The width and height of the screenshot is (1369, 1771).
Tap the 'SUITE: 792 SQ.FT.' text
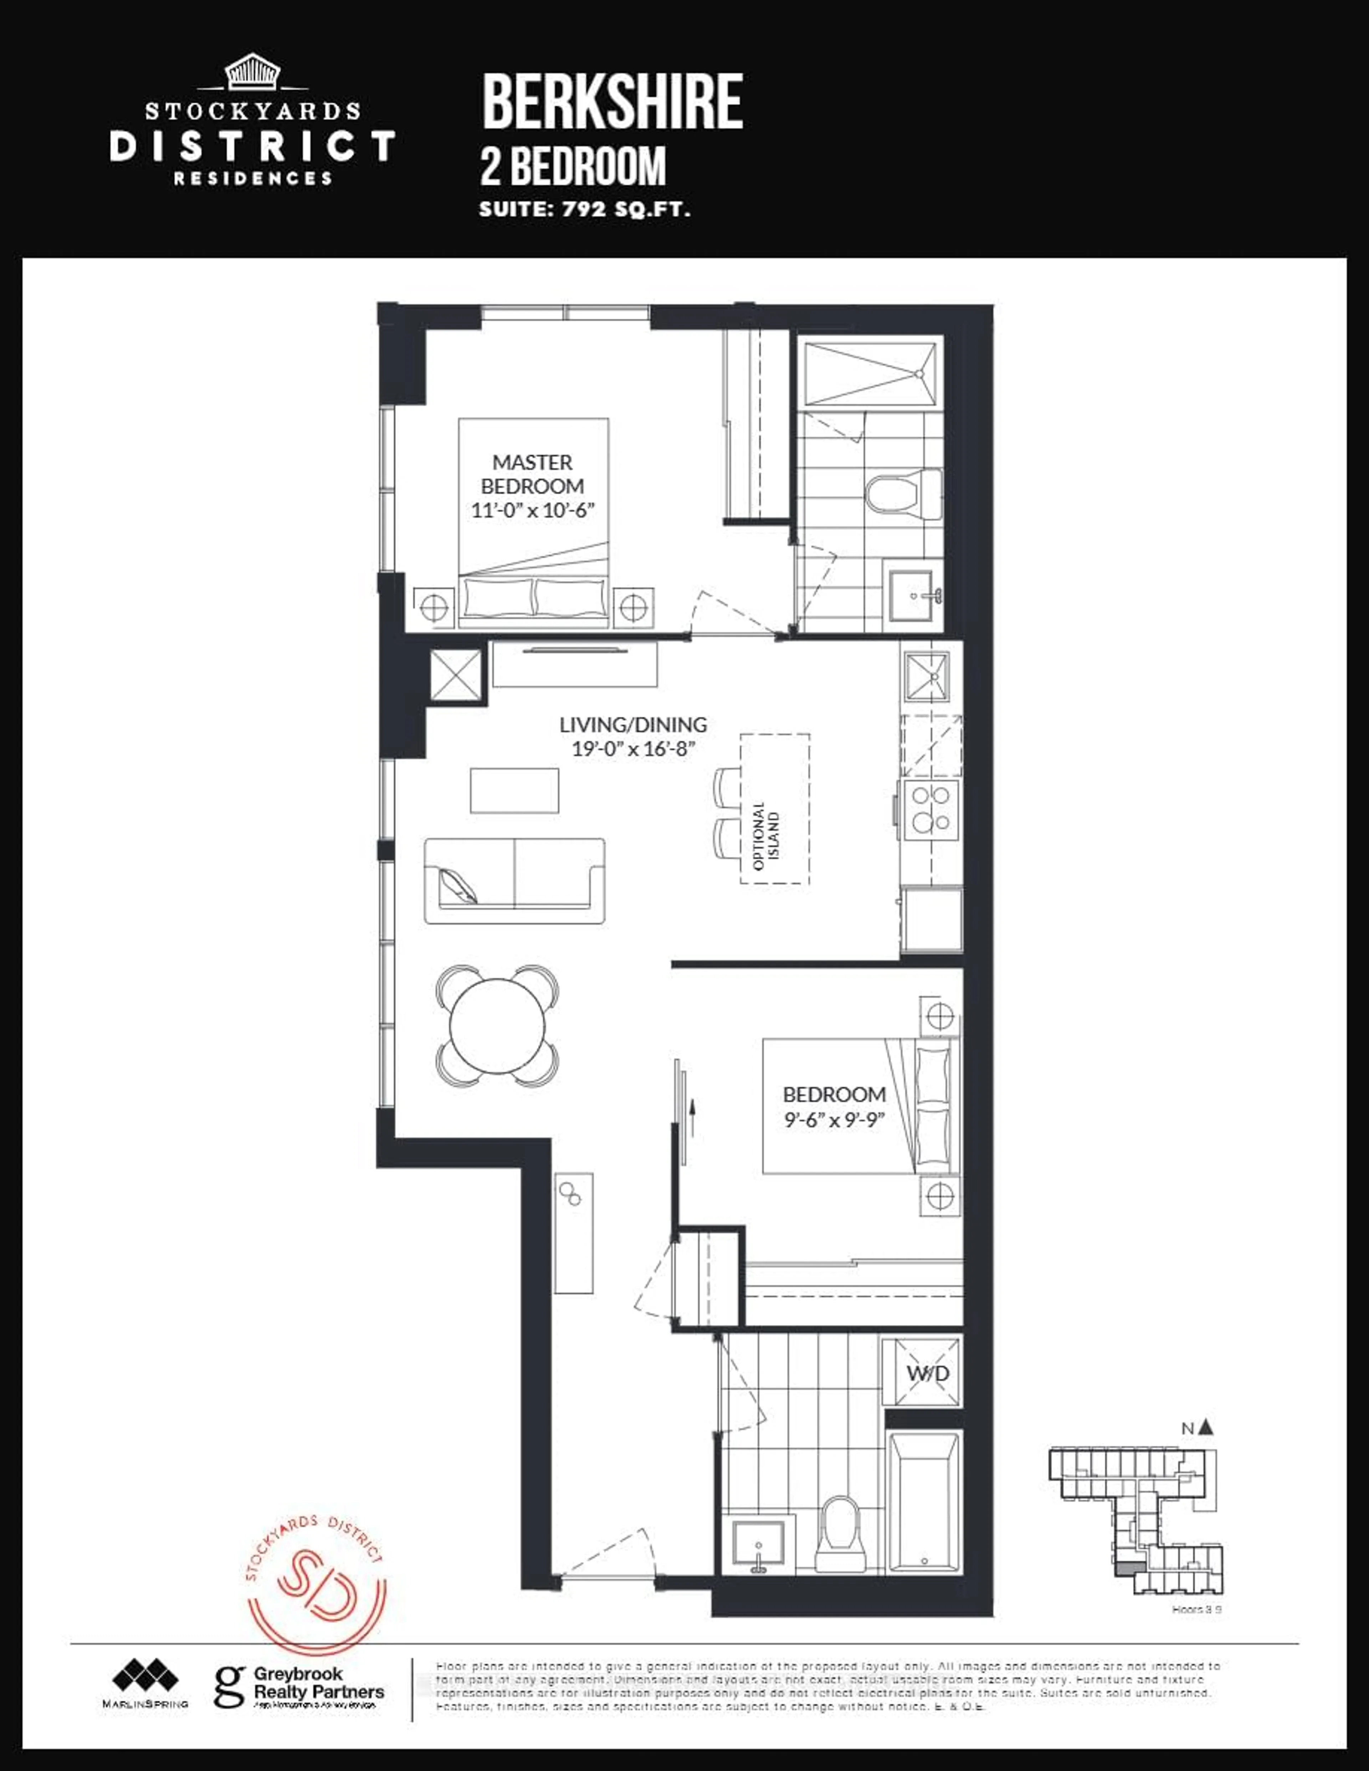pyautogui.click(x=584, y=209)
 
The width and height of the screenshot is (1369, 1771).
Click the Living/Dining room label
pyautogui.click(x=632, y=724)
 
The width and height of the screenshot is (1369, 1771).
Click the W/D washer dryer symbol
pyautogui.click(x=927, y=1373)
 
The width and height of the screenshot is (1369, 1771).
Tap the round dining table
pyautogui.click(x=497, y=1025)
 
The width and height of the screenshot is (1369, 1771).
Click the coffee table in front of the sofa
pyautogui.click(x=514, y=790)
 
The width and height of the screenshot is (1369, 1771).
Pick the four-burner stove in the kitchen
pyautogui.click(x=931, y=808)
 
